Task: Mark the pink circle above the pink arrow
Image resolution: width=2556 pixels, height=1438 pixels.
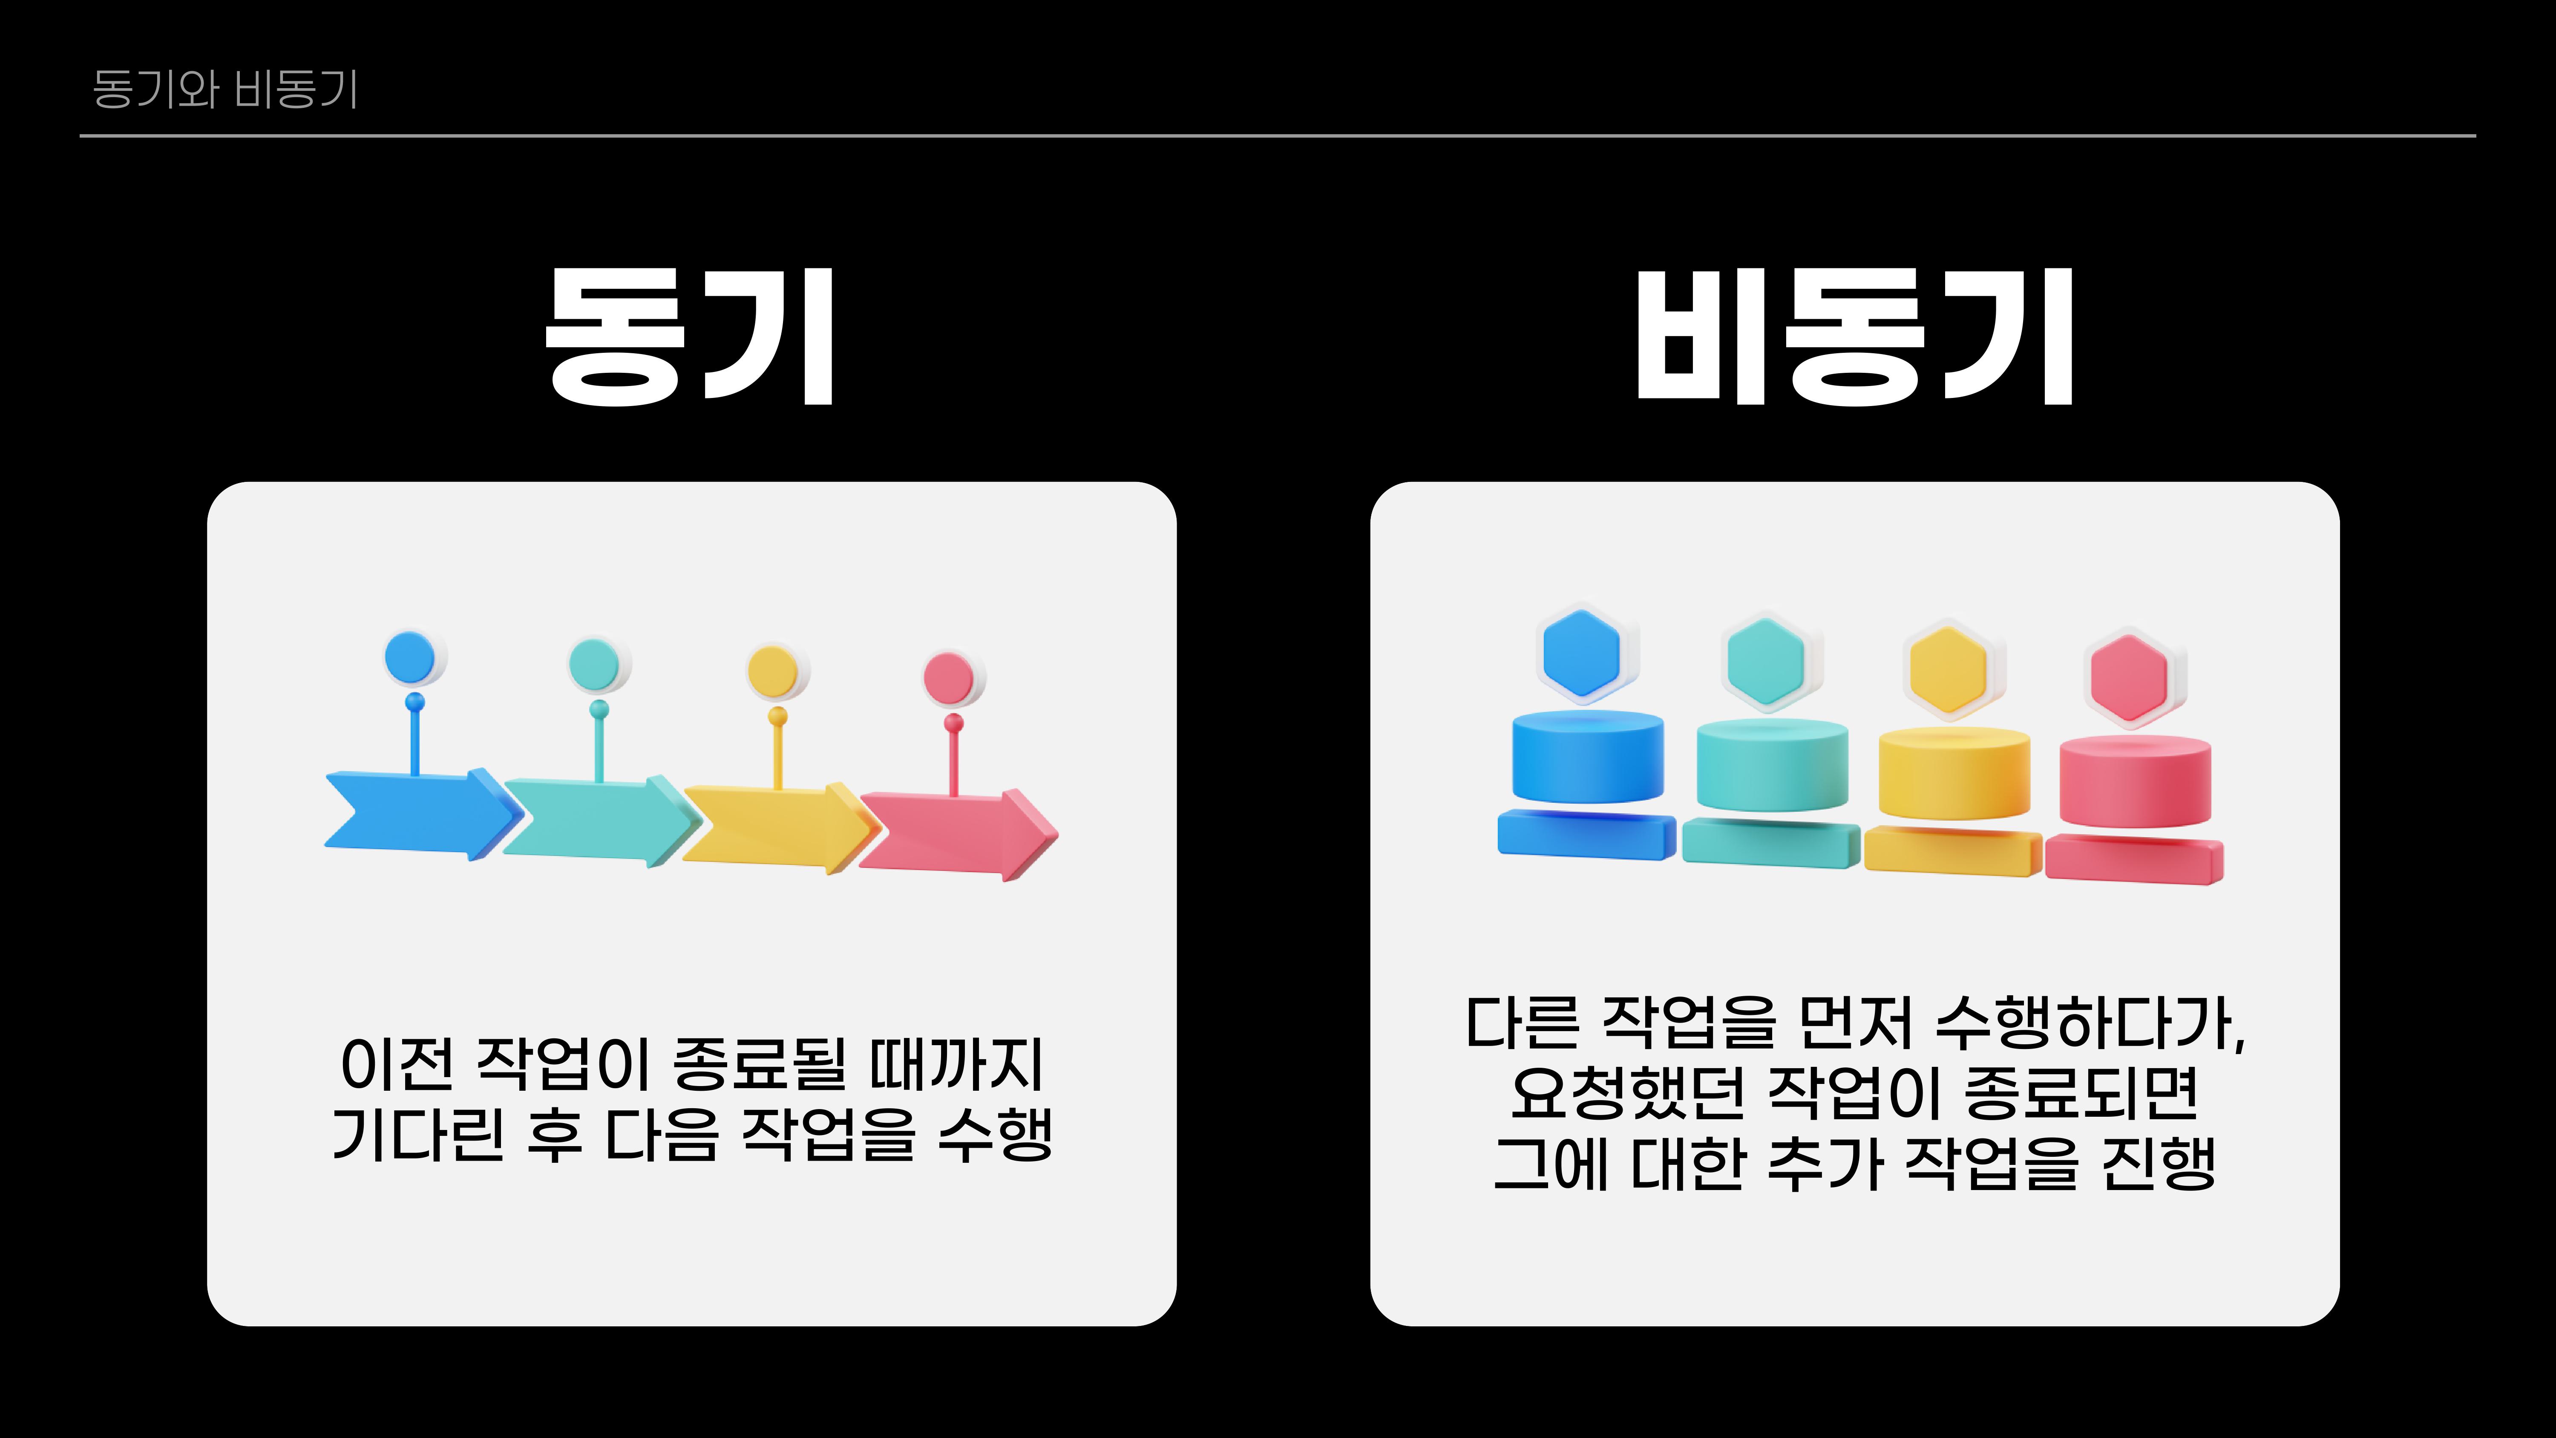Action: click(x=950, y=678)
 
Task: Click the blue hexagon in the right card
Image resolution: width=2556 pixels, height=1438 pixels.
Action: click(x=1583, y=653)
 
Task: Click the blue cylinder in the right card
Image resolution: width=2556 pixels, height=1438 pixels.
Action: click(x=1588, y=759)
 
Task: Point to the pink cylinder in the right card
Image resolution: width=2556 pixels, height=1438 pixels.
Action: click(x=2135, y=782)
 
